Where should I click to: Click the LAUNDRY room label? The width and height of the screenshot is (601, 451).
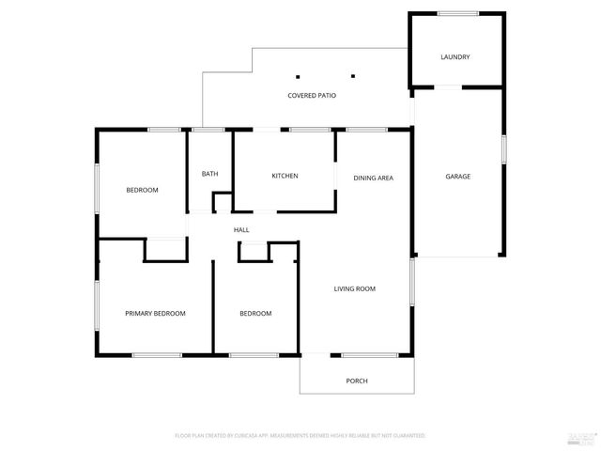455,57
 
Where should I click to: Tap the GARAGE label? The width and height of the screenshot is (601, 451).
457,177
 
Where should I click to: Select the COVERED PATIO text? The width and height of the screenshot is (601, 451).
312,96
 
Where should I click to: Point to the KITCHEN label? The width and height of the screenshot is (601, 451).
285,176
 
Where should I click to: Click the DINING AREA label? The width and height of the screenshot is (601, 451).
373,178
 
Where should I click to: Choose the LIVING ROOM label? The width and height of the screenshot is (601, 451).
354,288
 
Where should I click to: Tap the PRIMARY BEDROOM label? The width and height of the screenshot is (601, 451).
155,313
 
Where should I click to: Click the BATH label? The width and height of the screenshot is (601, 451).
209,174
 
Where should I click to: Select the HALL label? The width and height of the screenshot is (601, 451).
241,229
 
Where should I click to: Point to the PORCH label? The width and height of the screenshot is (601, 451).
356,381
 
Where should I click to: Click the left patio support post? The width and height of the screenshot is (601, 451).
298,77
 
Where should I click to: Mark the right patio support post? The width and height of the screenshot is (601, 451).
354,77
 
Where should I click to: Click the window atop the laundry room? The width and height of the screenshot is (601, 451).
456,13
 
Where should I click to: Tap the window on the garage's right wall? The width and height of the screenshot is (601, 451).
504,149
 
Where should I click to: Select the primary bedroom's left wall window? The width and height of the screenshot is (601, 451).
96,306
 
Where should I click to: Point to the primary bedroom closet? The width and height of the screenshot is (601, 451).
165,249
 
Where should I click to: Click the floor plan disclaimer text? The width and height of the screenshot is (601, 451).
300,436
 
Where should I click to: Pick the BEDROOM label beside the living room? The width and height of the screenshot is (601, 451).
254,314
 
